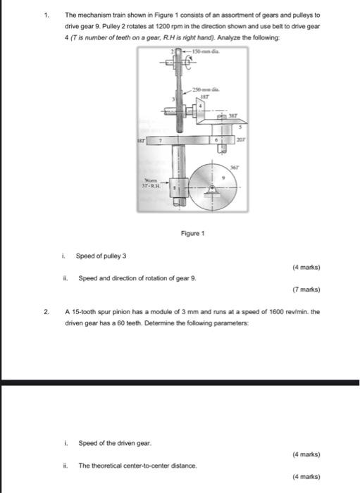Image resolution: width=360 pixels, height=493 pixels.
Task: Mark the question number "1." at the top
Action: pos(46,14)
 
